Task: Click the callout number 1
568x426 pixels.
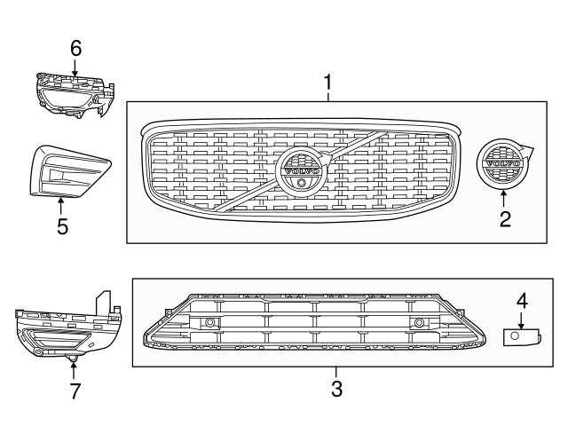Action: [x=328, y=84]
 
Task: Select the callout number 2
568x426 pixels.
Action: [x=505, y=218]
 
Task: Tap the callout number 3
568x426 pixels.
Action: [x=336, y=387]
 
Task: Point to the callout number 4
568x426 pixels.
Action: [x=523, y=302]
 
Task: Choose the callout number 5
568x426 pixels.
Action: [x=62, y=227]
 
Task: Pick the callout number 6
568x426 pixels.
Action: [x=75, y=46]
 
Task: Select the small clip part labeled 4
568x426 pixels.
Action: [x=522, y=335]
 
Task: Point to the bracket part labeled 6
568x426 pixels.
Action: [x=75, y=92]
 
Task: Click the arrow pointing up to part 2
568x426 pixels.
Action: [x=504, y=197]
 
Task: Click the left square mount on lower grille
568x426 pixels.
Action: [x=210, y=323]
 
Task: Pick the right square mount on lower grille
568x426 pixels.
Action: [x=418, y=323]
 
